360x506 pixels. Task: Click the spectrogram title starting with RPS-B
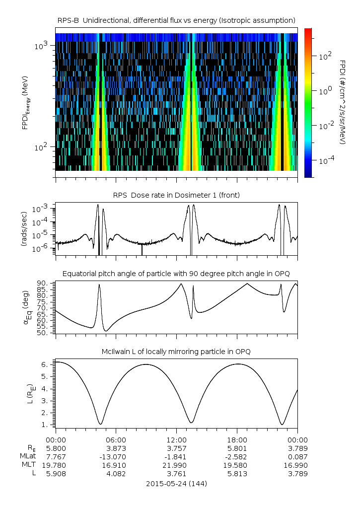pos(176,20)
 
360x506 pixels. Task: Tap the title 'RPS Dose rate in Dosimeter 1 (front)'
pos(176,195)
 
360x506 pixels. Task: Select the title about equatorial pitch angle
pos(176,274)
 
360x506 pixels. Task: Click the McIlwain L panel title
pos(176,352)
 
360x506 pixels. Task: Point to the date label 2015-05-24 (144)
pos(176,483)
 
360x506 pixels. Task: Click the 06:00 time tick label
pos(116,439)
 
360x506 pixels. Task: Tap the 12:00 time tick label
pos(177,439)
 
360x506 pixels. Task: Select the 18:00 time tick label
pos(237,439)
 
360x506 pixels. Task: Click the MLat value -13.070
pos(116,456)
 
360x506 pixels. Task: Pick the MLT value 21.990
pos(177,465)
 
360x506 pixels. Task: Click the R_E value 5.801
pos(237,448)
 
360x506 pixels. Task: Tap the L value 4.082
pos(116,473)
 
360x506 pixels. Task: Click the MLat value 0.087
pos(297,456)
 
